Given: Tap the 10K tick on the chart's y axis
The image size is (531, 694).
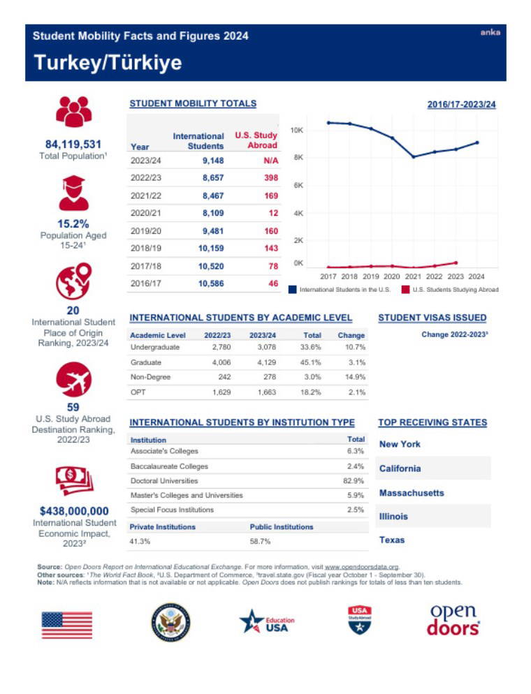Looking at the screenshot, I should click(296, 131).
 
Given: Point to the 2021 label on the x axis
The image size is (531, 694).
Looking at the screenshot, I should click(414, 276).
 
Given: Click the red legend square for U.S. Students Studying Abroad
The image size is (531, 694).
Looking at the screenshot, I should click(405, 289).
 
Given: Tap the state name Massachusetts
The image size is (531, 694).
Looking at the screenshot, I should click(411, 493).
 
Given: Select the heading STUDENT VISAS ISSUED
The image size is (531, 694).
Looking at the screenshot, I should click(432, 318).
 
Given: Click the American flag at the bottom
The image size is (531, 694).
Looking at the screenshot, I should click(66, 625).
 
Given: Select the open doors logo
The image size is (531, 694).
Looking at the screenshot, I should click(453, 619).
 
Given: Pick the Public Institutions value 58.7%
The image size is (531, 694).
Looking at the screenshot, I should click(260, 541).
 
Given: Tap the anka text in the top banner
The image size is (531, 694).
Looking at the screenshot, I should click(490, 33).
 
